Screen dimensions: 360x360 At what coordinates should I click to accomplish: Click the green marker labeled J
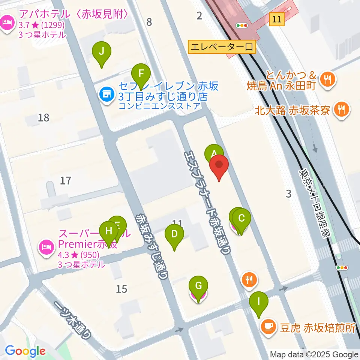pos(101,52)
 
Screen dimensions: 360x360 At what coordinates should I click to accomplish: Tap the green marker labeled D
pos(174,235)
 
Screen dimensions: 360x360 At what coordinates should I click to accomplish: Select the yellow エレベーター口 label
pos(222,47)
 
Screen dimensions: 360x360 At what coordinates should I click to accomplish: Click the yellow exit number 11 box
pos(277,19)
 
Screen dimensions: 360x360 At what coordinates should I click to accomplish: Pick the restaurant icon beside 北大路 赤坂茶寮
pos(341,109)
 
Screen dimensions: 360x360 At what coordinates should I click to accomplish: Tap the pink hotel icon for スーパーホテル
pos(46,247)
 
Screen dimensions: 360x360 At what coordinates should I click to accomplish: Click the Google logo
pos(25,351)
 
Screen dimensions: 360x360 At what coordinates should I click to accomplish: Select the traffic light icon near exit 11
pos(242,25)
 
